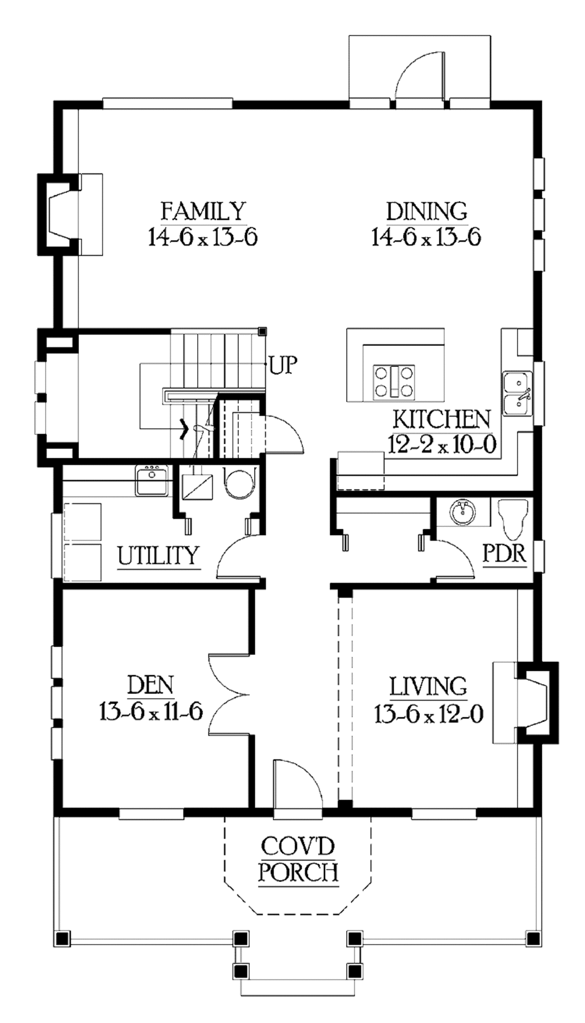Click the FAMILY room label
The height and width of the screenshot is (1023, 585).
click(x=203, y=211)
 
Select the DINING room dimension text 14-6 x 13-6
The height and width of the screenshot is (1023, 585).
click(x=426, y=236)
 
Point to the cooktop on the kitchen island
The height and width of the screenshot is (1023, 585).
click(x=394, y=382)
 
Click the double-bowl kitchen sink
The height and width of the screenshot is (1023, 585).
click(x=517, y=393)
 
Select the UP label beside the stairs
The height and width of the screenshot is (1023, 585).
click(x=283, y=365)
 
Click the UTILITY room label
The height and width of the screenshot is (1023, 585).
click(x=158, y=555)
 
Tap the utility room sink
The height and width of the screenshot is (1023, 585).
click(x=151, y=480)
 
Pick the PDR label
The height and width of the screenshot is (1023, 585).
click(x=504, y=553)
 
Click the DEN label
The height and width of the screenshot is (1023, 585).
click(x=150, y=685)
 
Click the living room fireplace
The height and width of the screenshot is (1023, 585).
click(x=534, y=702)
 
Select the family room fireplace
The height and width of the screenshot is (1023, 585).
click(x=60, y=214)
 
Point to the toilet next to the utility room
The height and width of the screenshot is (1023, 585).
click(x=239, y=483)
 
